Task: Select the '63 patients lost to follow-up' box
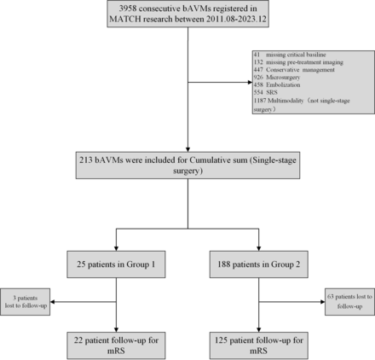[346, 305]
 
